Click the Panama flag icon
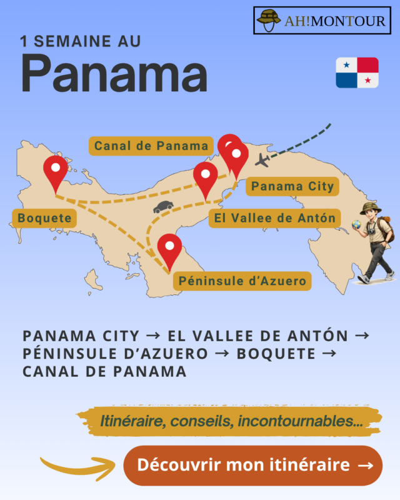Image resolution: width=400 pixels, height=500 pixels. point(357,72)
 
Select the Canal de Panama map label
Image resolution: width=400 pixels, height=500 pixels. point(152,146)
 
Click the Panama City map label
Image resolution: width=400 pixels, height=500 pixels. point(292,186)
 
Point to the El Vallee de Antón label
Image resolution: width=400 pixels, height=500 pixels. point(274,218)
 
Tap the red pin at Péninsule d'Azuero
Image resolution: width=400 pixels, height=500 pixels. point(169,249)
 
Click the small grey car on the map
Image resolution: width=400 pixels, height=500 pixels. point(163,207)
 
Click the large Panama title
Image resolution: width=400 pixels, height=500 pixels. point(114,73)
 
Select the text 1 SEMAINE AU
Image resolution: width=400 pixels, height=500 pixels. point(81,42)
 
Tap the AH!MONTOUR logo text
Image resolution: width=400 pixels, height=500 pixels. point(336,20)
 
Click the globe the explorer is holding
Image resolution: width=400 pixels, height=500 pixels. point(356,223)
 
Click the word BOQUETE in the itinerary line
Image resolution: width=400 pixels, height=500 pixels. point(276,353)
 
